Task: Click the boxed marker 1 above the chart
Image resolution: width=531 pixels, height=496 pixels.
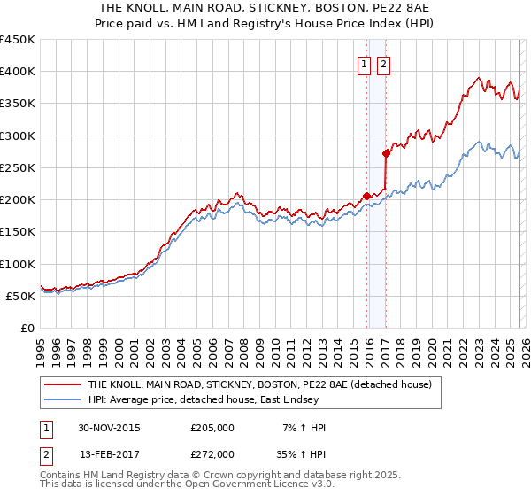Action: [x=365, y=64]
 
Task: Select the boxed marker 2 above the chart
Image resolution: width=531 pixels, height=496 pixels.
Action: [x=383, y=64]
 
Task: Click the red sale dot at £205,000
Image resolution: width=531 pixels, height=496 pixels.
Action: [x=366, y=196]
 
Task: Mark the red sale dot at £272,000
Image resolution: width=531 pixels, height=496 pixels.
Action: [x=386, y=153]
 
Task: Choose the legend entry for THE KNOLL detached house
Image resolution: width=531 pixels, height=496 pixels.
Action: [x=259, y=384]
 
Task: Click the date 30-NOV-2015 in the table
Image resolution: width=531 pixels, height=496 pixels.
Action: [x=109, y=428]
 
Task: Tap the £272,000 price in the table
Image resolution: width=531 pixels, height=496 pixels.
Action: [x=212, y=453]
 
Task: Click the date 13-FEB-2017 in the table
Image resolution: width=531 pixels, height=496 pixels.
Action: [x=109, y=453]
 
